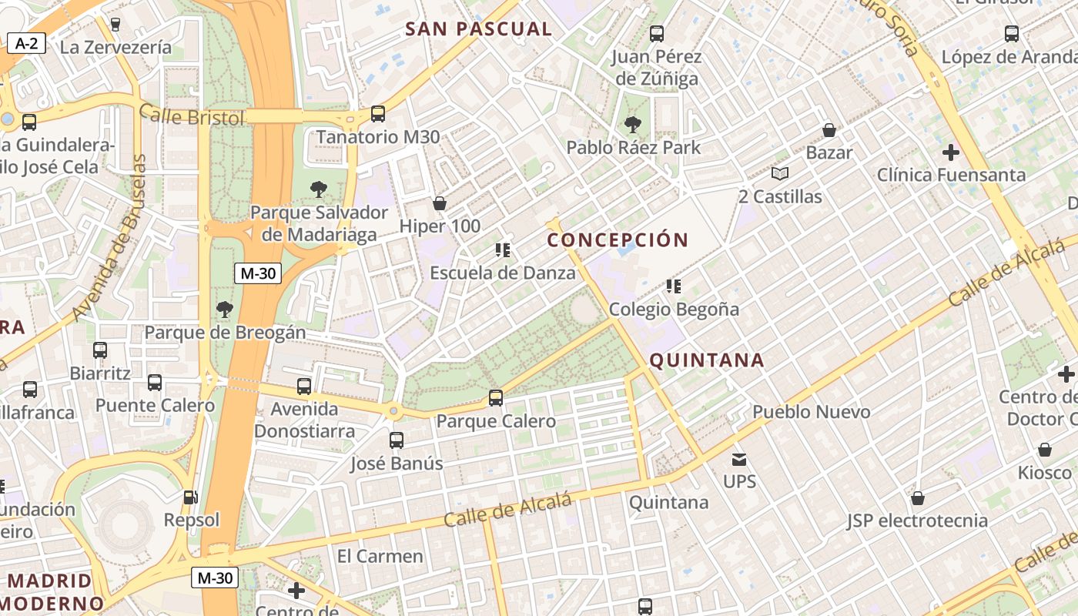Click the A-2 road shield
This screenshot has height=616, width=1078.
(x=26, y=44)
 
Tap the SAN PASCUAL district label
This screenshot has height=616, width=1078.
(x=478, y=29)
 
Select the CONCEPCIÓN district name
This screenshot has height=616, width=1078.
(x=618, y=239)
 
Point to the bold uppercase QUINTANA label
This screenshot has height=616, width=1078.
(x=707, y=360)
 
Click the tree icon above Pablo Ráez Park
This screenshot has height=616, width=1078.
(x=633, y=124)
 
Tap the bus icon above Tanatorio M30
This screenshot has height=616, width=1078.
(x=378, y=114)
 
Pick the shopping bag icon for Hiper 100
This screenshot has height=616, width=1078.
(x=440, y=203)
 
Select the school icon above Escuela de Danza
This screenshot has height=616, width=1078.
(x=503, y=249)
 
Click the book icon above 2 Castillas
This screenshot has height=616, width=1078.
(x=780, y=173)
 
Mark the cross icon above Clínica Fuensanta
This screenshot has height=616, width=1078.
(x=951, y=152)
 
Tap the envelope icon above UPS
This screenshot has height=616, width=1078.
(x=739, y=460)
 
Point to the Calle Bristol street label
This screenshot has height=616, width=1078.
(x=192, y=117)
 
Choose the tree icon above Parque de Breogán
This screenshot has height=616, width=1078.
(x=225, y=310)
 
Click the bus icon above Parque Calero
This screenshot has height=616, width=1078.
(x=496, y=398)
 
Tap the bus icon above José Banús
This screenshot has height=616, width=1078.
(x=397, y=440)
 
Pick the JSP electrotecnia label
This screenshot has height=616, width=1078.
(x=917, y=521)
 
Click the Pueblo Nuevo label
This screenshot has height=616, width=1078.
(x=811, y=411)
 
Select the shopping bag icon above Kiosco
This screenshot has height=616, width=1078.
(x=1045, y=449)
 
